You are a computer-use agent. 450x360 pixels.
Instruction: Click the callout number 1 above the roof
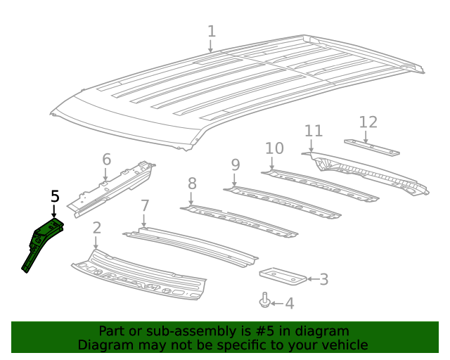(x=211, y=31)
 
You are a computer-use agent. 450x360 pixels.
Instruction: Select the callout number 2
(x=96, y=227)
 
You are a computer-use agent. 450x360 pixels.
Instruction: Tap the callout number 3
(x=323, y=280)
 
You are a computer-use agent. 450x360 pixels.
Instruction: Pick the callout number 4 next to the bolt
(x=289, y=304)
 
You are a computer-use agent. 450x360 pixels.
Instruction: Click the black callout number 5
(x=55, y=197)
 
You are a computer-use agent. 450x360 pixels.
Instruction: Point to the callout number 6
(x=106, y=159)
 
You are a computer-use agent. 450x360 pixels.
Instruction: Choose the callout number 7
(x=145, y=206)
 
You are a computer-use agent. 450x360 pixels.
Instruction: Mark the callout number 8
(x=191, y=184)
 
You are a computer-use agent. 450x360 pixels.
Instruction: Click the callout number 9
(x=235, y=165)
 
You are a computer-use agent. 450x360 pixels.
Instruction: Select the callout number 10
(x=274, y=148)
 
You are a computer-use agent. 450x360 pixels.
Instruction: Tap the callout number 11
(x=313, y=131)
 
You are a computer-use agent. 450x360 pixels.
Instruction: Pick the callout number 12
(x=368, y=122)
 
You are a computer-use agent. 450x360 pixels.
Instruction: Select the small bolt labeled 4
(x=264, y=301)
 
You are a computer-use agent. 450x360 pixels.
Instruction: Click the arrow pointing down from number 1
(x=211, y=46)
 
